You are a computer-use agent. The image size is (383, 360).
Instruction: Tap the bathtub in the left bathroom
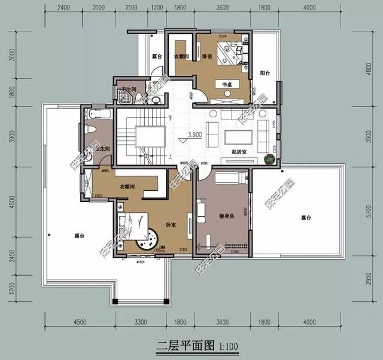coord(96,113)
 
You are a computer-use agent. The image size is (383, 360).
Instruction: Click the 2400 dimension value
coord(64,8)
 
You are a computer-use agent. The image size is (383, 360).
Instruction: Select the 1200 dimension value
coord(157,8)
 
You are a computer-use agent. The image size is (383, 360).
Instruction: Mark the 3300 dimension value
coord(141,323)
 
